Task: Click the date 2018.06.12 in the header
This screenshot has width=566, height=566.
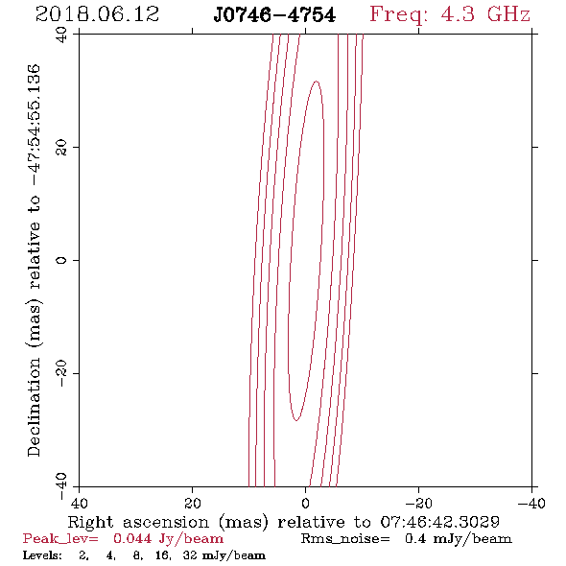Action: coord(97,14)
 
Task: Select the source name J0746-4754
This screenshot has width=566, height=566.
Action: coord(274,15)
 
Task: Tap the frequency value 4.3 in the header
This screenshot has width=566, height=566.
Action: coord(458,14)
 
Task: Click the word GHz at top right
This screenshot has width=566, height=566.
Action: coord(508,14)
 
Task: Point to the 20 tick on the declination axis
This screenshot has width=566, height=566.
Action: coord(62,148)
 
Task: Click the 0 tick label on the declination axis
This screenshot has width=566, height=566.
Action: coord(62,260)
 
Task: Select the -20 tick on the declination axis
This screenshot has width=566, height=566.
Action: coord(62,373)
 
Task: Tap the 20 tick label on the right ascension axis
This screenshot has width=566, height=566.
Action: coord(193,503)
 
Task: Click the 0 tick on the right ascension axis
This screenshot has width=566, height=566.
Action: coord(306,503)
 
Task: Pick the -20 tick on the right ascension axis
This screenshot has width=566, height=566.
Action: coord(418,503)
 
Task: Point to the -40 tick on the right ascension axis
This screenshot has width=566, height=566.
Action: coord(531,503)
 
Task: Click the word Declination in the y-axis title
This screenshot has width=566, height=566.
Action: coord(34,407)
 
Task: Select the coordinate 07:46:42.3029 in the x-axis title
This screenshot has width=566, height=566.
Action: coord(440,522)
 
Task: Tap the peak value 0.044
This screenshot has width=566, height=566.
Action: coord(132,538)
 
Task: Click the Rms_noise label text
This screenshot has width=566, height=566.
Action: coord(345,539)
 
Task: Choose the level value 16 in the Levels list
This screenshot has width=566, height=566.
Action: coord(162,554)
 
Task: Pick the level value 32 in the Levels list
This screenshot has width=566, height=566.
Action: coord(190,554)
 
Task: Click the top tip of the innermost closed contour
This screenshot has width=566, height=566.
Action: coord(317,82)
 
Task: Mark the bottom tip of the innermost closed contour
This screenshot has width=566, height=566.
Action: coord(296,420)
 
